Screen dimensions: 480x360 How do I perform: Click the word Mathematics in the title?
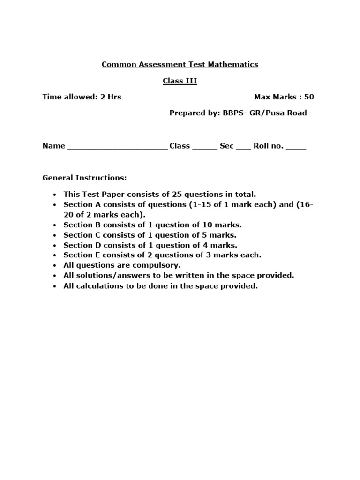[x=234, y=65]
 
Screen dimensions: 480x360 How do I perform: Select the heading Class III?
[x=180, y=81]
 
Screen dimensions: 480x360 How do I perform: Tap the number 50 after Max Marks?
[x=309, y=97]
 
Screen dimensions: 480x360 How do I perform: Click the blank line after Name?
[x=117, y=147]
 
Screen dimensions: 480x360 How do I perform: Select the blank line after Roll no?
[x=296, y=147]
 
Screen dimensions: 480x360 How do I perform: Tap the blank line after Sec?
[x=243, y=147]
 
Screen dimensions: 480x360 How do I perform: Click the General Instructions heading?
[x=84, y=178]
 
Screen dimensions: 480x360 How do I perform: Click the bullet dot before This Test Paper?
[x=55, y=195]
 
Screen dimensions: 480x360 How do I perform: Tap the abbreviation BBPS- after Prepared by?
[x=232, y=113]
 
